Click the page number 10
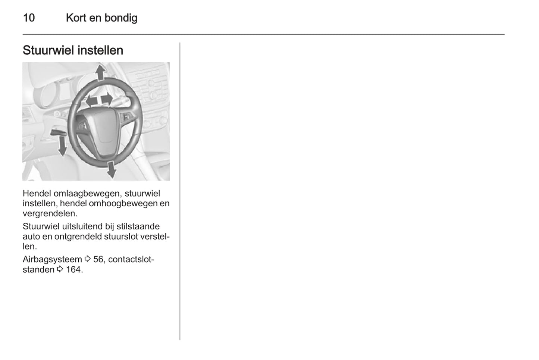click(x=29, y=18)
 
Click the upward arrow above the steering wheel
click(x=100, y=73)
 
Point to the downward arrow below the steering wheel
click(x=111, y=170)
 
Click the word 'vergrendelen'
click(x=50, y=213)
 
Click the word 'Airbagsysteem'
click(x=52, y=259)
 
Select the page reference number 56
click(x=98, y=259)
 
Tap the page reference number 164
click(x=73, y=269)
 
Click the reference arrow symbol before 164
click(x=60, y=269)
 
